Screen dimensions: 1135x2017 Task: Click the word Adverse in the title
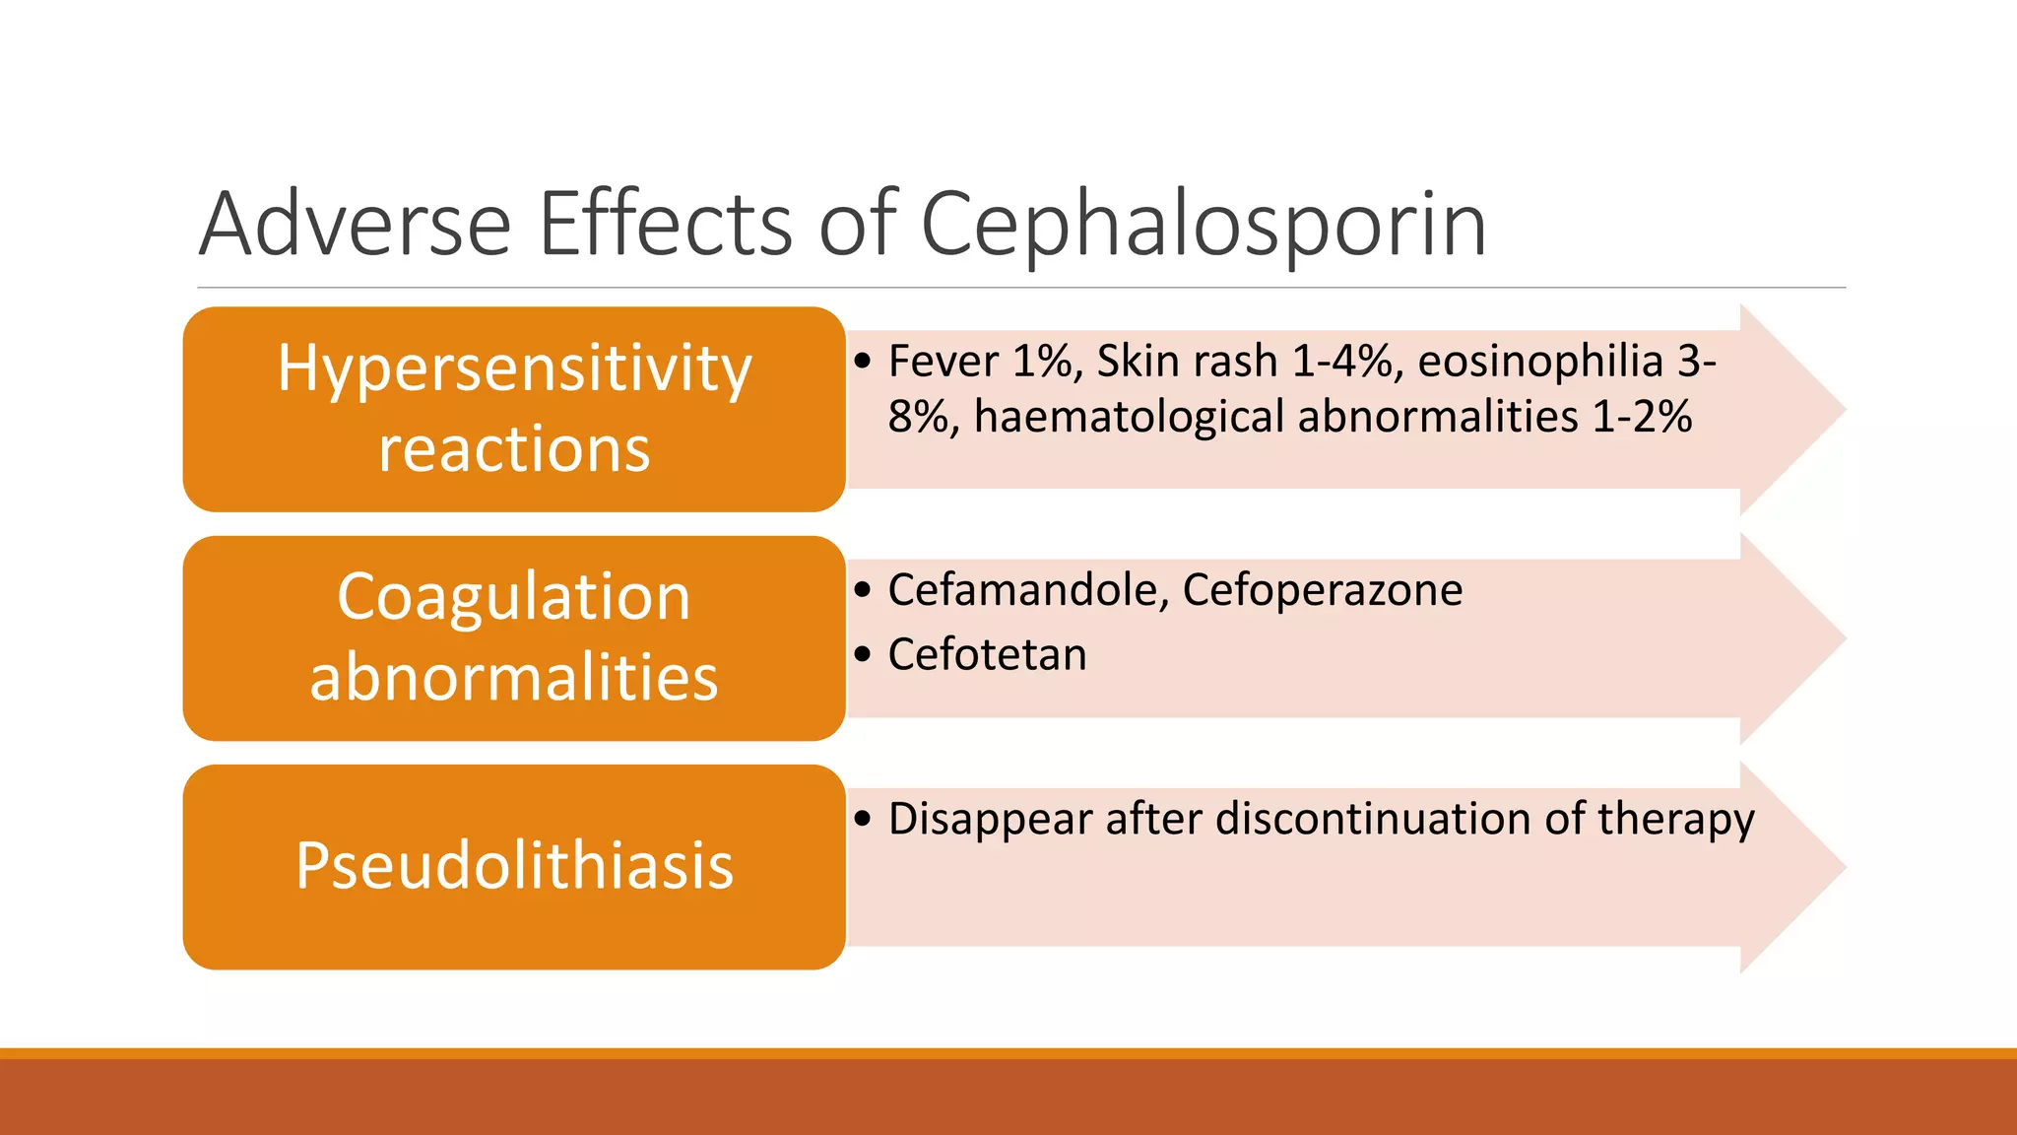click(355, 225)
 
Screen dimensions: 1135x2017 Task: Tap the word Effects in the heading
click(665, 225)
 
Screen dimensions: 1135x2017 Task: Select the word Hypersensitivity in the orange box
click(514, 370)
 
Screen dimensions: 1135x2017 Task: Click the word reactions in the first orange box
click(514, 449)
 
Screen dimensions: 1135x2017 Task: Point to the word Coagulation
click(514, 597)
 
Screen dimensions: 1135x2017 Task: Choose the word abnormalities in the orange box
click(514, 678)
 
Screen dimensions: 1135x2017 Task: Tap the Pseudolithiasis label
click(514, 866)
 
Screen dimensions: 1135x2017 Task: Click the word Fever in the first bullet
click(943, 362)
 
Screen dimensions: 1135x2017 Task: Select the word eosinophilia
click(1539, 362)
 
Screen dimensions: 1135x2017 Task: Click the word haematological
click(1129, 417)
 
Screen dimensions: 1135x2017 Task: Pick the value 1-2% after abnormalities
click(1642, 417)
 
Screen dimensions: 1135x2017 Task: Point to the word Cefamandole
click(1027, 590)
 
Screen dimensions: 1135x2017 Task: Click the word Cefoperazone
click(1322, 590)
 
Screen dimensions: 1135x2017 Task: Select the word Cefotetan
click(987, 655)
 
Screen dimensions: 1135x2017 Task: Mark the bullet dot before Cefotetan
click(864, 654)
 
